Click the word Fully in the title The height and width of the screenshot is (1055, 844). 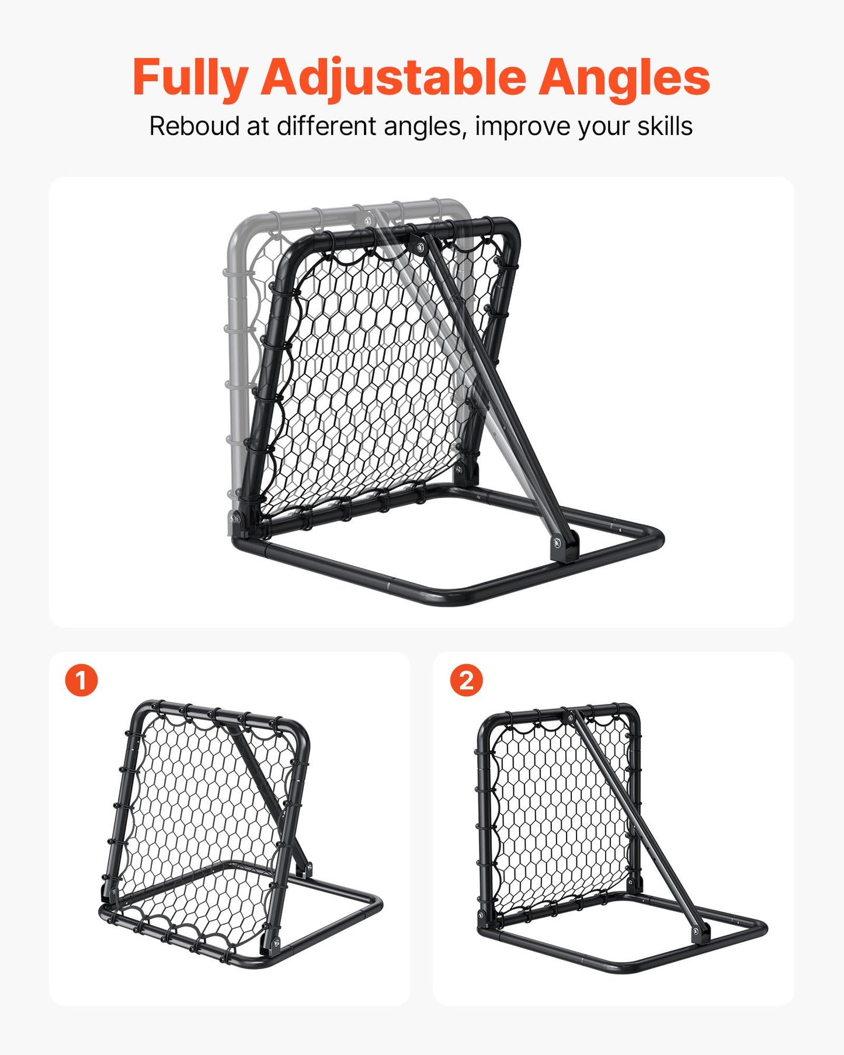click(x=190, y=78)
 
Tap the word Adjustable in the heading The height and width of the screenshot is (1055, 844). click(x=393, y=78)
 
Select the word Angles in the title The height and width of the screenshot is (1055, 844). click(x=623, y=78)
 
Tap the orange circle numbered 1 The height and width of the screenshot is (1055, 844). click(x=81, y=681)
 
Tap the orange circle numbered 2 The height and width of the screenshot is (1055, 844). click(x=466, y=681)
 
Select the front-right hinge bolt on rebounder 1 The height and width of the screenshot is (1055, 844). click(x=276, y=942)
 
